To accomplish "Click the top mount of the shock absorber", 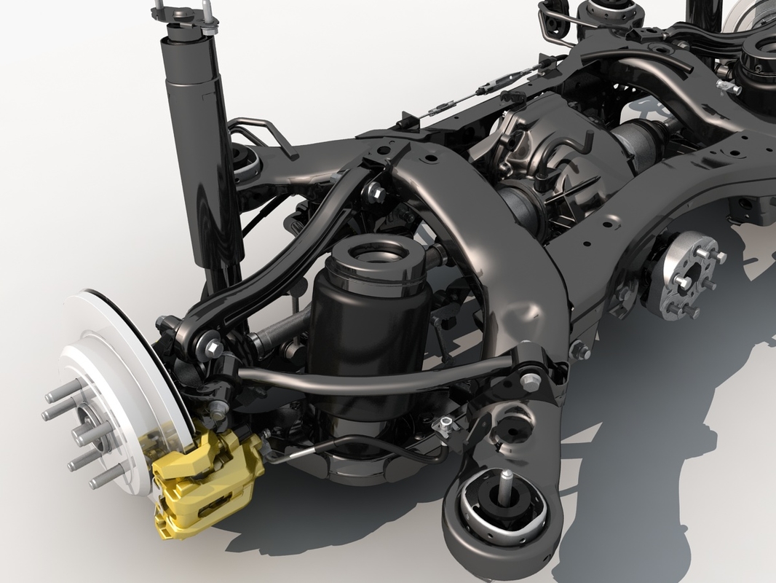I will [182, 18].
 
